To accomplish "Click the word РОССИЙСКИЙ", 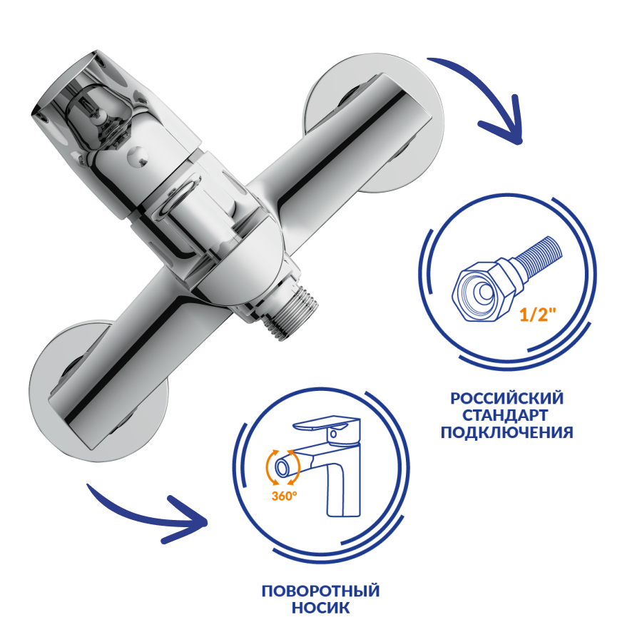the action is (x=507, y=398).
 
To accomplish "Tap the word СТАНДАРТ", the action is (x=505, y=415).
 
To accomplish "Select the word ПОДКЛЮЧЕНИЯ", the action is (x=507, y=432).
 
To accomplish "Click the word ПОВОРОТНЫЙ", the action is (x=320, y=591).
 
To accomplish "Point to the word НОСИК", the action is (x=320, y=608).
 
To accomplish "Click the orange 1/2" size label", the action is (x=538, y=315).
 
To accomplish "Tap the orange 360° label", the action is (x=284, y=496).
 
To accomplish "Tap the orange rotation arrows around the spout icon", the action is (x=282, y=467).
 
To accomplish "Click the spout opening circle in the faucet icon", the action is (x=282, y=467).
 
